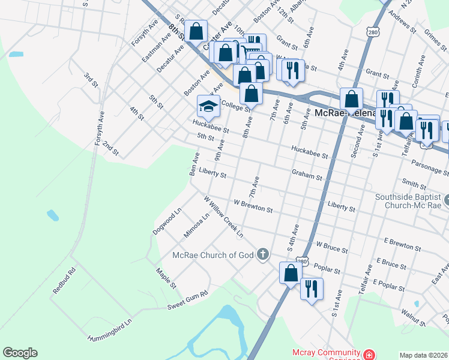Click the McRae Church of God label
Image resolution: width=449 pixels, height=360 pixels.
click(x=213, y=255)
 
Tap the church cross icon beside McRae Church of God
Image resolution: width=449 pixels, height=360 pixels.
click(x=262, y=255)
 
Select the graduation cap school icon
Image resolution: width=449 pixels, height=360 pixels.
click(x=208, y=106)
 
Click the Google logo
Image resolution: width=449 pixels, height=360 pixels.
click(x=20, y=353)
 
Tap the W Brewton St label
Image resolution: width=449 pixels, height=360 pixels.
click(x=253, y=206)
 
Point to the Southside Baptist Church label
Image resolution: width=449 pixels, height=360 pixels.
click(x=408, y=200)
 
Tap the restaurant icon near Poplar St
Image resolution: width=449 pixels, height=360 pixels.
click(x=311, y=289)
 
